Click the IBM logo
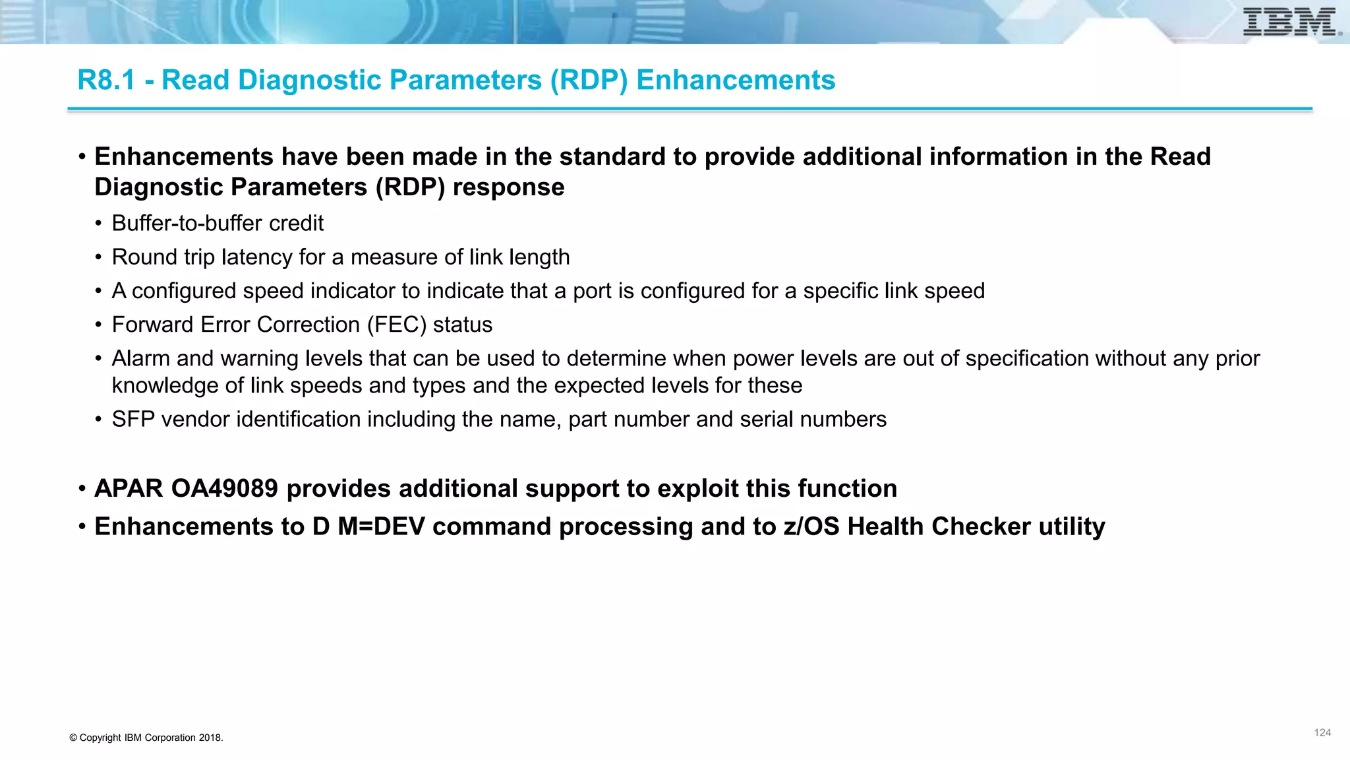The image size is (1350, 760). point(1291,22)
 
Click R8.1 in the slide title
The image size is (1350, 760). point(105,80)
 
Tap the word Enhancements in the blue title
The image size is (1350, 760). point(736,80)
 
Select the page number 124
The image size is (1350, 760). point(1322,733)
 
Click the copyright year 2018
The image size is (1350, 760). point(210,738)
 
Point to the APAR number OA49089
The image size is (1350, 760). point(224,489)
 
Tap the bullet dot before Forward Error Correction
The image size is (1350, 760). point(98,325)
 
